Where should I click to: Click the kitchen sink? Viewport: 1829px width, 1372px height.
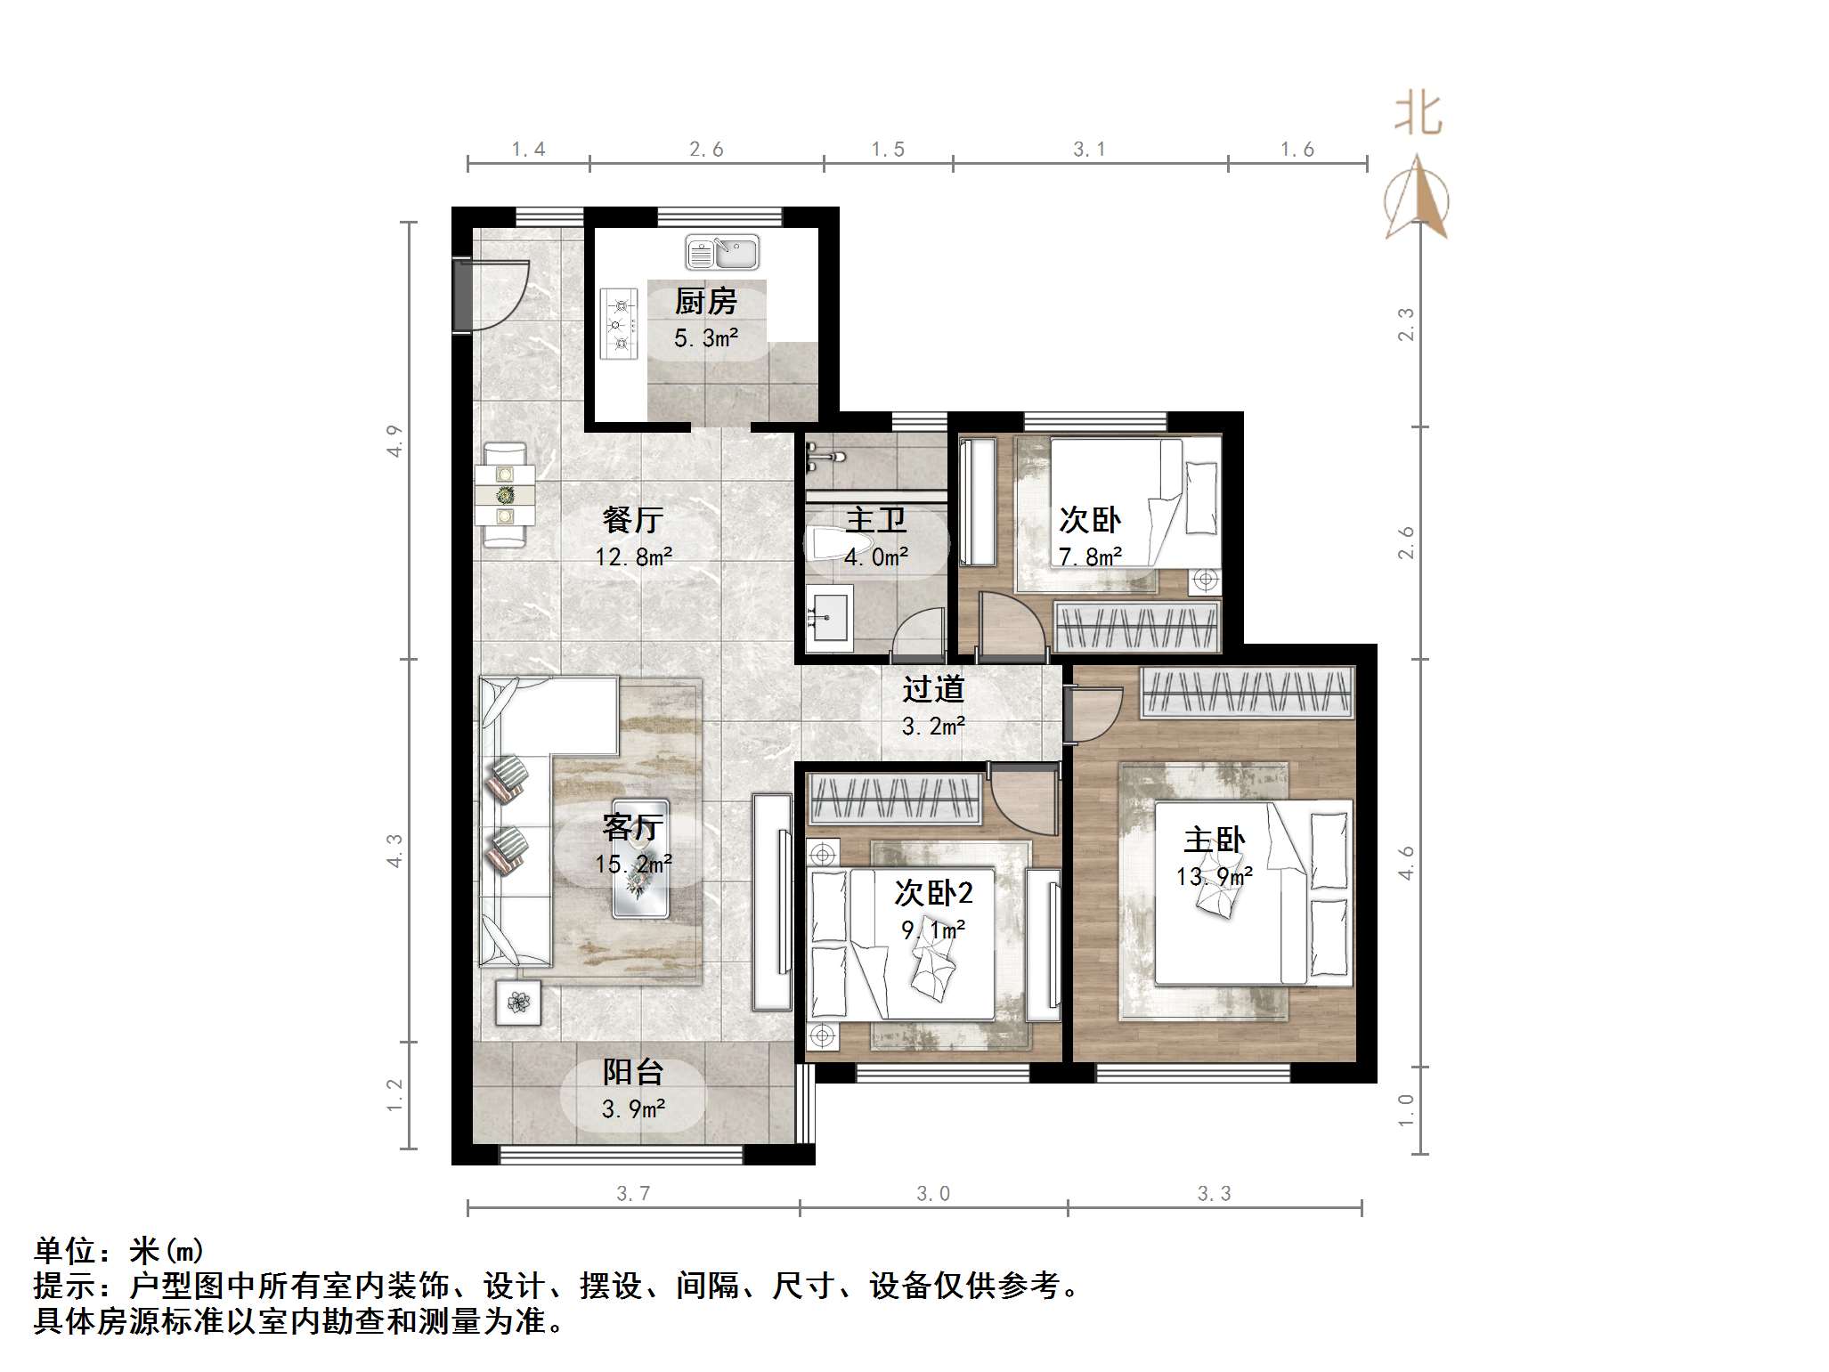click(x=721, y=253)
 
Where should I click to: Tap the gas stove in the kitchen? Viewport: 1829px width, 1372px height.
click(x=620, y=324)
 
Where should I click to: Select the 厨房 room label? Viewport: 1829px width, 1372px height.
click(x=705, y=302)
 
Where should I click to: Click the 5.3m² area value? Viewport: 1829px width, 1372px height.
click(x=705, y=338)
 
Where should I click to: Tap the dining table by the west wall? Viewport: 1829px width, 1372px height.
click(x=505, y=495)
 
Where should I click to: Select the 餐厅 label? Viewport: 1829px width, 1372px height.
click(x=632, y=519)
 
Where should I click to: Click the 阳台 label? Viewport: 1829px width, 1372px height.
click(x=632, y=1072)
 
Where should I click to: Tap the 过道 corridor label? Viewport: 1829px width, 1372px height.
click(x=932, y=689)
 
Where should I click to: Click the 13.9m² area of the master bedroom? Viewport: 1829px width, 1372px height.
click(x=1214, y=877)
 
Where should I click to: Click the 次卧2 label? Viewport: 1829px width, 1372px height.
click(x=932, y=893)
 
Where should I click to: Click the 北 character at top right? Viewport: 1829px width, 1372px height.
click(x=1418, y=116)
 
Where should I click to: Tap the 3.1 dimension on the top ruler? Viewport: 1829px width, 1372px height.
click(x=1088, y=150)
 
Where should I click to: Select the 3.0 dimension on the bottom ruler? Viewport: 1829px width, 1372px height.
click(x=932, y=1194)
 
